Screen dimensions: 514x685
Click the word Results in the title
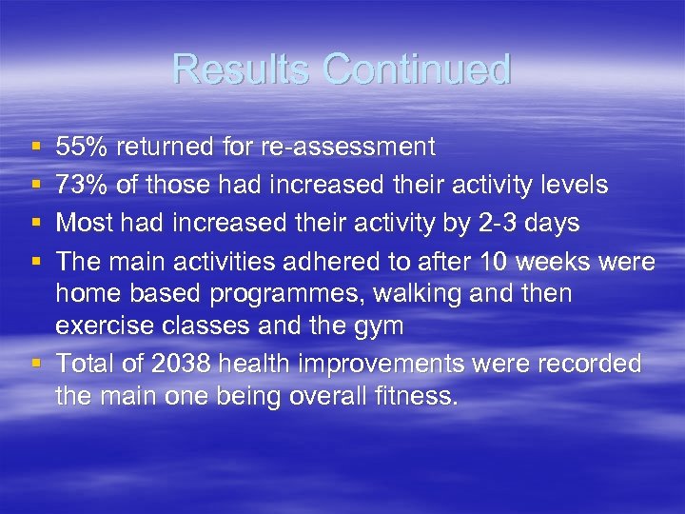tap(242, 69)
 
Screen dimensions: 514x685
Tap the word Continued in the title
tap(417, 69)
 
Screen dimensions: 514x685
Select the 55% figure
tap(80, 147)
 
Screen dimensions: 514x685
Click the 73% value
tap(80, 184)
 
